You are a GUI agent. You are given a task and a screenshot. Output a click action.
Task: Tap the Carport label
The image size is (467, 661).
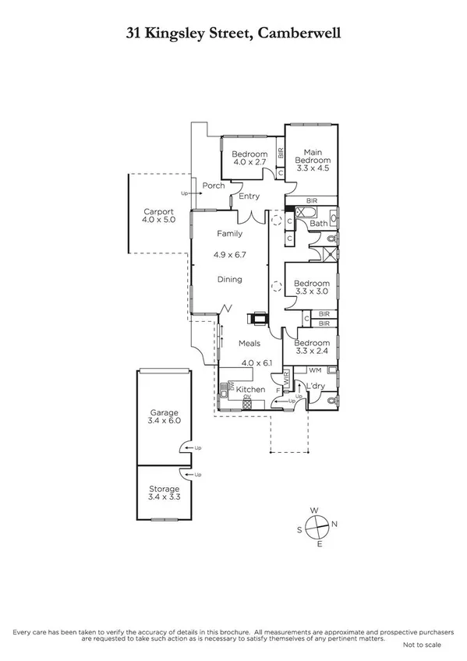[159, 211]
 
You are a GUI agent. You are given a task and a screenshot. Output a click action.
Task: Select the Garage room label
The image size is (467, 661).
[165, 412]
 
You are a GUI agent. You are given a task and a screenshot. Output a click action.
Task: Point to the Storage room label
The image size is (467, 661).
[165, 489]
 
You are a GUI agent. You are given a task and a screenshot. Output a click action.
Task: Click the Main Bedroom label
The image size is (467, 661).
[313, 156]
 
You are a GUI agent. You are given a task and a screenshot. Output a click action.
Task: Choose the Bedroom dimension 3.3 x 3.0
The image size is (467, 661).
[312, 292]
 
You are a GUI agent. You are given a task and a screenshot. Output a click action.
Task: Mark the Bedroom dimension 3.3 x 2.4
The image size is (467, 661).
[312, 352]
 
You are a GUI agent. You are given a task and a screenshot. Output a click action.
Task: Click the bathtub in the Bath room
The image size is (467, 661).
[305, 212]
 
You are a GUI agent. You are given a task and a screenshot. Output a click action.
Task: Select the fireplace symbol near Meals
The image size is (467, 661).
[256, 318]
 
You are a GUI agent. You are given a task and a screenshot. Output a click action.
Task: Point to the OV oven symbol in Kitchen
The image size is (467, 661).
[247, 398]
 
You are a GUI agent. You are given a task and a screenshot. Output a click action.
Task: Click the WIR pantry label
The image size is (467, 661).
[286, 380]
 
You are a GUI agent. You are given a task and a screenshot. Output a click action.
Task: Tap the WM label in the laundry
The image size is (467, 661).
[315, 370]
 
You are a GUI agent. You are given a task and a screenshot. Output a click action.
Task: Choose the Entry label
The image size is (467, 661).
[249, 196]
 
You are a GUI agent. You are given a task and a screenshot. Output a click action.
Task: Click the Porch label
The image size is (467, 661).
[214, 186]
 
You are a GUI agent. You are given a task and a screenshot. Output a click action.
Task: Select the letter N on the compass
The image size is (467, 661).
[334, 524]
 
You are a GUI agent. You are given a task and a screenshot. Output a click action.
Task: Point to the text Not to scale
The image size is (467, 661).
[423, 645]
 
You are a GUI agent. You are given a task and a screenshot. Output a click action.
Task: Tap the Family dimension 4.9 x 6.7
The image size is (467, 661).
[229, 254]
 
